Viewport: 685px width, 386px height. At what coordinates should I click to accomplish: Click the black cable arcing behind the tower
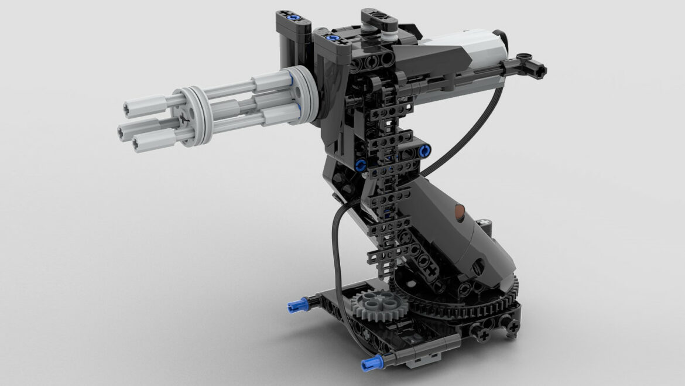468,135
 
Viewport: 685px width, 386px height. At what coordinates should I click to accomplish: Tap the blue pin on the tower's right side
426,151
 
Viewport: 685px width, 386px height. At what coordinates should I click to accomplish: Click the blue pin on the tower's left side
361,164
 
